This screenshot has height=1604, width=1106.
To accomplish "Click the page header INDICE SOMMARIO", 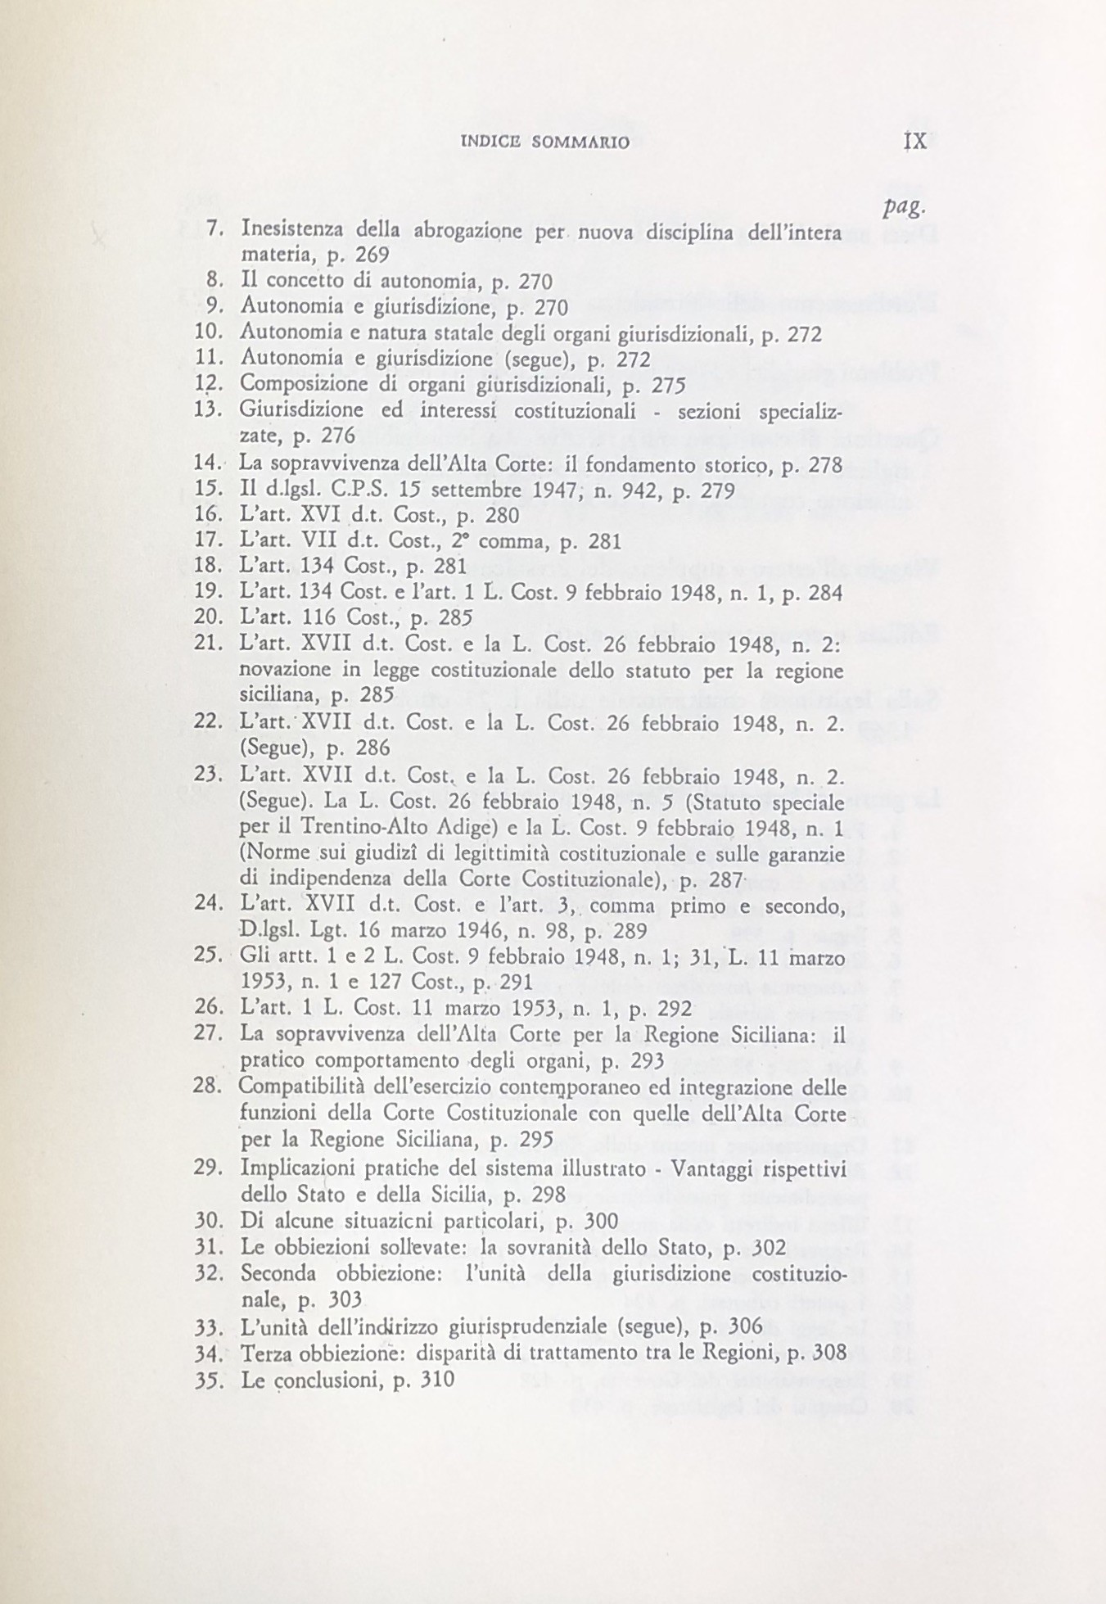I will (545, 142).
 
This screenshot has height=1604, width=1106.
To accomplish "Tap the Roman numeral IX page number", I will (914, 140).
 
